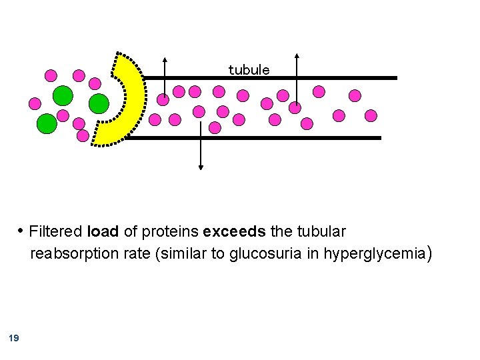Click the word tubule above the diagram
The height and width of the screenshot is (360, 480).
[249, 70]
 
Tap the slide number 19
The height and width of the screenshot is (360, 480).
[14, 339]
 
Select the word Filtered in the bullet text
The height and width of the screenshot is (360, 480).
[57, 232]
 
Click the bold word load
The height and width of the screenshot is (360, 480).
[103, 232]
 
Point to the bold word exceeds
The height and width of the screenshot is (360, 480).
[234, 232]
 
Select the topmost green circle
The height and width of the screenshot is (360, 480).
[63, 95]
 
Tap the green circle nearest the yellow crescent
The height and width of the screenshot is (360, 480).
[99, 103]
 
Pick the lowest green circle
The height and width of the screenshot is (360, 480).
[46, 123]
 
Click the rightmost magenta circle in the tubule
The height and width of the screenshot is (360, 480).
[371, 116]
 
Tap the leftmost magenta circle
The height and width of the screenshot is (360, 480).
[35, 103]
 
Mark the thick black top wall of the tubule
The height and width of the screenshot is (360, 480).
[267, 78]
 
